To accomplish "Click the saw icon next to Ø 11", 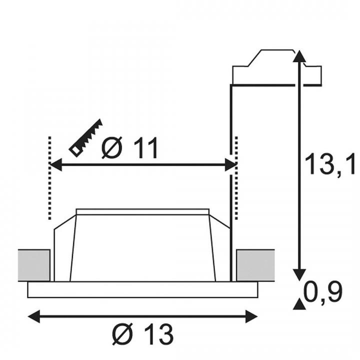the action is pos(85,138).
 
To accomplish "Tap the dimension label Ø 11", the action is pos(129,147).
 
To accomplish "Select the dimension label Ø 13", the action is pos(142,334).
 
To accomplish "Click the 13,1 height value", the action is pos(329,164).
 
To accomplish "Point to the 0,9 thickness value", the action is pos(323,291).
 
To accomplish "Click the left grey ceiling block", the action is pos(34,265).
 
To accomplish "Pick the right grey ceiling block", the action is pos(255,265).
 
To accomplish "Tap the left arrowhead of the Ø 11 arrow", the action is pos(56,164).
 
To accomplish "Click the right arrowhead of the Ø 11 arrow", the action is pos(230,164).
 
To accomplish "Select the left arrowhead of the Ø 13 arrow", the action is pos(34,316).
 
